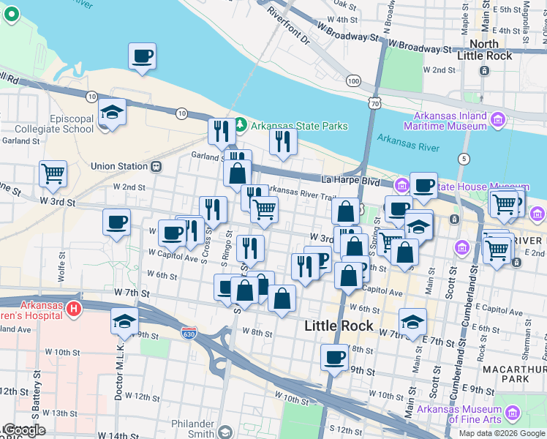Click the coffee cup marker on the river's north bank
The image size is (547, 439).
tap(142, 56)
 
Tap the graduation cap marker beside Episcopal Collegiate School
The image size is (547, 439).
tap(113, 112)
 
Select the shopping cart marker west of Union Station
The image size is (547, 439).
tap(53, 174)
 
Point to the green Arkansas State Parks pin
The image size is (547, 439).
tap(241, 126)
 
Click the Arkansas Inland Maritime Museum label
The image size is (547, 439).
tap(450, 121)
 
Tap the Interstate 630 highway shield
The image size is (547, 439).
tap(189, 331)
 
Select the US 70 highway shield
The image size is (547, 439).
tap(375, 104)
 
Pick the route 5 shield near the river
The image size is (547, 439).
tap(464, 159)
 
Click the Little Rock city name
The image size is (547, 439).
tap(339, 326)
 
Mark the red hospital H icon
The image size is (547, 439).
tap(72, 309)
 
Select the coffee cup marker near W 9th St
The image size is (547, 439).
tap(334, 358)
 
